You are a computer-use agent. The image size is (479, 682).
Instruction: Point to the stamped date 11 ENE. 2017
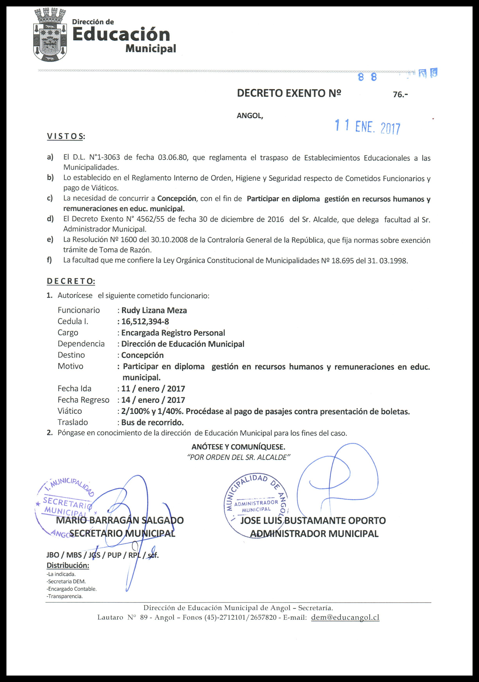[x=368, y=127]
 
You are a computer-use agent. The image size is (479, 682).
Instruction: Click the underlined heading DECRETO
[x=71, y=281]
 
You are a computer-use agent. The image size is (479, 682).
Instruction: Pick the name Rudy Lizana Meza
[x=154, y=310]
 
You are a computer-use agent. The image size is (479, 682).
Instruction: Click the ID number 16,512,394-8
[x=145, y=321]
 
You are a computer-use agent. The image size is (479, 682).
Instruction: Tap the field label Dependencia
[x=81, y=344]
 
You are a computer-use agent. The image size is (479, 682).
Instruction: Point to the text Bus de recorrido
[x=152, y=422]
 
